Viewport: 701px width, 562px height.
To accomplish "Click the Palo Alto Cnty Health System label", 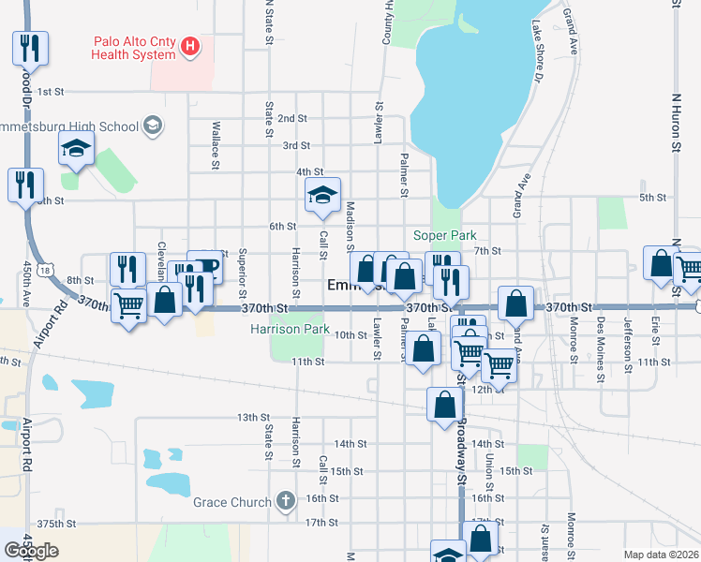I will pos(133,48).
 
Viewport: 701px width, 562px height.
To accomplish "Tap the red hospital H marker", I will pos(191,45).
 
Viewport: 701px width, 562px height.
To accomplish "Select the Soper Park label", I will pos(445,236).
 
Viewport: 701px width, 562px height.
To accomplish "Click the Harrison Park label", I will pos(290,330).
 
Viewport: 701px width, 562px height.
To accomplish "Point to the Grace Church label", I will pos(231,502).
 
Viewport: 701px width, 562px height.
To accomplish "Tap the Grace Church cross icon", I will pos(285,501).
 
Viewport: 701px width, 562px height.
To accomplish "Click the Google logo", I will pos(31,551).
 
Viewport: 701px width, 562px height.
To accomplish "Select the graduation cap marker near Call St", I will pos(322,195).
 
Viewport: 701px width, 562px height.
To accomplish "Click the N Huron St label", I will pos(676,122).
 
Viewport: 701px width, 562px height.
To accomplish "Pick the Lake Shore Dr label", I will pos(538,51).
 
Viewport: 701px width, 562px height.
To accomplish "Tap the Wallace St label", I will pos(216,138).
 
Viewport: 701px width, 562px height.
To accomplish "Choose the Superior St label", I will pos(242,267).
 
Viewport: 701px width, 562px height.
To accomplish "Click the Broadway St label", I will pos(461,451).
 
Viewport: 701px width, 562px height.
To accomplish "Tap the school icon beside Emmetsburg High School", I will pos(153,126).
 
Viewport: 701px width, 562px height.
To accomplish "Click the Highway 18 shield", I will pos(45,271).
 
